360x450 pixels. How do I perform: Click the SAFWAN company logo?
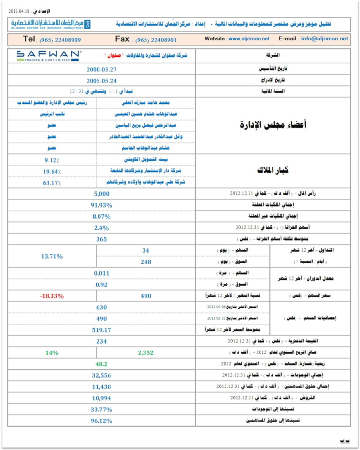coord(48,56)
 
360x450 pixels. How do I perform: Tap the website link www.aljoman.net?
coord(249,39)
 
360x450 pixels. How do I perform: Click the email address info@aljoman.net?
coord(324,39)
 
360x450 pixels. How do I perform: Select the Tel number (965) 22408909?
coord(60,40)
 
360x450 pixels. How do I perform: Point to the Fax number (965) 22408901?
coord(156,40)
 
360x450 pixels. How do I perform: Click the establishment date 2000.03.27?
coord(101,69)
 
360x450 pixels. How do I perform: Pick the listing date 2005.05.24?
coord(101,81)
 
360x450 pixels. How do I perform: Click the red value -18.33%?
coord(52,296)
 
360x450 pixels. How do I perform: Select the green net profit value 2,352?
coord(145,353)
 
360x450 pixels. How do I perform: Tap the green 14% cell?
coord(52,353)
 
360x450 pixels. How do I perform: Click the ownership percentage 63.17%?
coord(52,183)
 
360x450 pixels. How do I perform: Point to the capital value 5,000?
coord(101,194)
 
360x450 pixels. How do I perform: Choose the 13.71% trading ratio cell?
coord(52,256)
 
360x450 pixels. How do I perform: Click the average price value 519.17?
coord(101,330)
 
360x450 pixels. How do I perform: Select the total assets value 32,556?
coord(101,375)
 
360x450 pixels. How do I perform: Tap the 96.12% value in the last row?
coord(101,421)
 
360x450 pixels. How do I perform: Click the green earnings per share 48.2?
coord(101,364)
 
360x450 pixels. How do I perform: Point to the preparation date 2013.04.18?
coord(19,11)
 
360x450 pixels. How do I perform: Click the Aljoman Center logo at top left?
coord(51,24)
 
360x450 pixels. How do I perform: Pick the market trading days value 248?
coord(145,262)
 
